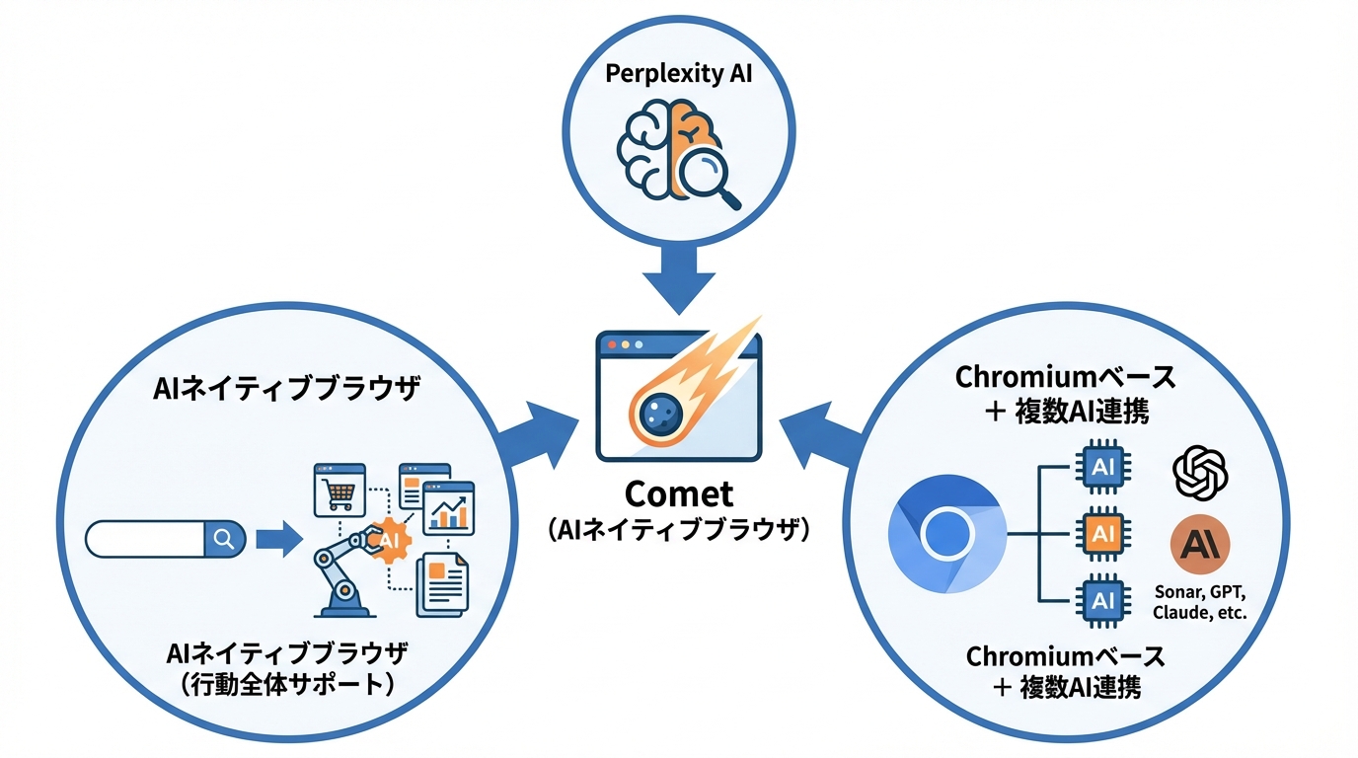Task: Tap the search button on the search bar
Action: tap(223, 539)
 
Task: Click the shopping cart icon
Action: tap(339, 490)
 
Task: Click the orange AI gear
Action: tap(388, 540)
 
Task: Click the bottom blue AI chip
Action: tap(1102, 599)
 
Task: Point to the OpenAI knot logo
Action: tap(1199, 473)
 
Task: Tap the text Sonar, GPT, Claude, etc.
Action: tap(1200, 602)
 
